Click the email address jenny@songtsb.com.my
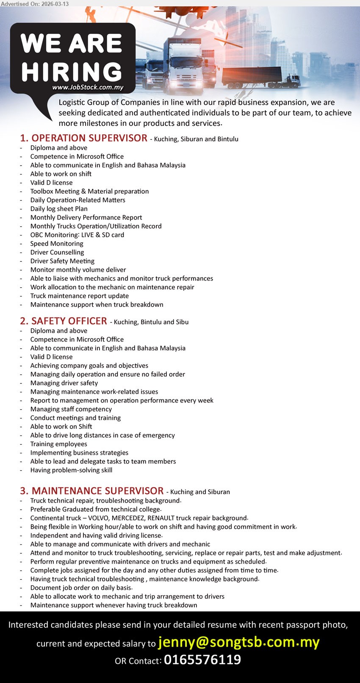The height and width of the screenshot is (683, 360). tap(238, 642)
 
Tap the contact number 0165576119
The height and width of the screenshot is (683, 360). tap(202, 660)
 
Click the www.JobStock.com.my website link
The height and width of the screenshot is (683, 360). tap(88, 87)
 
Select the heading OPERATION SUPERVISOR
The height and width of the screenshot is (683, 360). tap(89, 138)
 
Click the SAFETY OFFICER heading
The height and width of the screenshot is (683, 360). tap(69, 321)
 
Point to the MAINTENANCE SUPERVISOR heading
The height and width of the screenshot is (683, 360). tap(97, 491)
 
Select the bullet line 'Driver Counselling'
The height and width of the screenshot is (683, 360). tap(57, 252)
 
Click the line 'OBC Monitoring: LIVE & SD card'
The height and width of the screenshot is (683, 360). tap(77, 235)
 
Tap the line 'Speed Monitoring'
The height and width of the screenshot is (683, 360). tap(57, 244)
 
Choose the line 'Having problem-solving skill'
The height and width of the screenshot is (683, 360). tap(71, 470)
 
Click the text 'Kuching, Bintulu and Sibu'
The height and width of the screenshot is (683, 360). tap(151, 322)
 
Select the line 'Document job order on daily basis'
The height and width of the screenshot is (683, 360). tap(81, 588)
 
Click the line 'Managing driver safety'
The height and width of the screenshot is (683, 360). tap(64, 383)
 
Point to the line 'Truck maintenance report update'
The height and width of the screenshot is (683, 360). tap(80, 296)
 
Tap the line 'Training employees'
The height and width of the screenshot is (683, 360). tap(58, 444)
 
